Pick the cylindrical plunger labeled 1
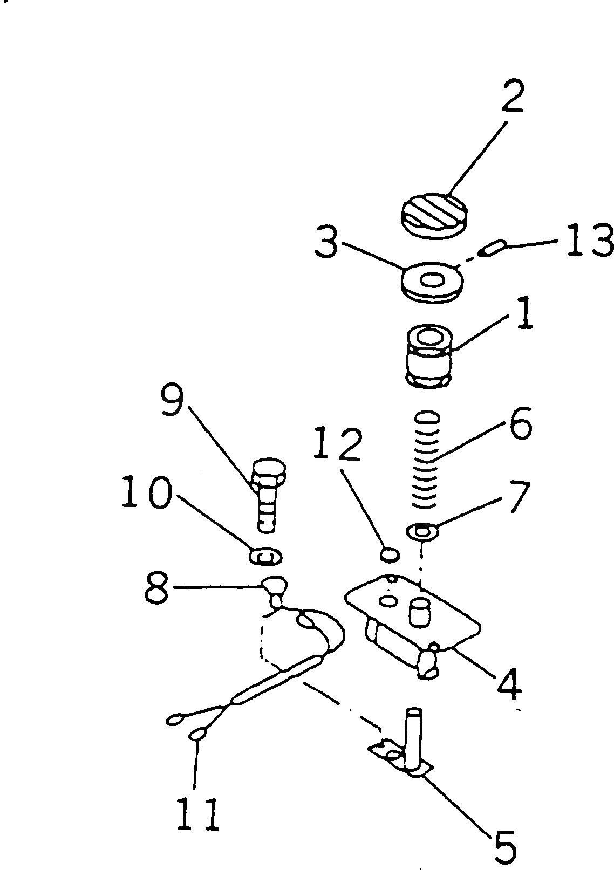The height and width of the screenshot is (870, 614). pos(429,357)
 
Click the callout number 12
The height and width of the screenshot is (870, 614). pos(337,444)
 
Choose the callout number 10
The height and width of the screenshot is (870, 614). pos(147,493)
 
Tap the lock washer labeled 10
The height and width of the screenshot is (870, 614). pos(265,556)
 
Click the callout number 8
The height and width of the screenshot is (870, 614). pos(156,588)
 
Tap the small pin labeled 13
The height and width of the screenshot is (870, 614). pos(492,248)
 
